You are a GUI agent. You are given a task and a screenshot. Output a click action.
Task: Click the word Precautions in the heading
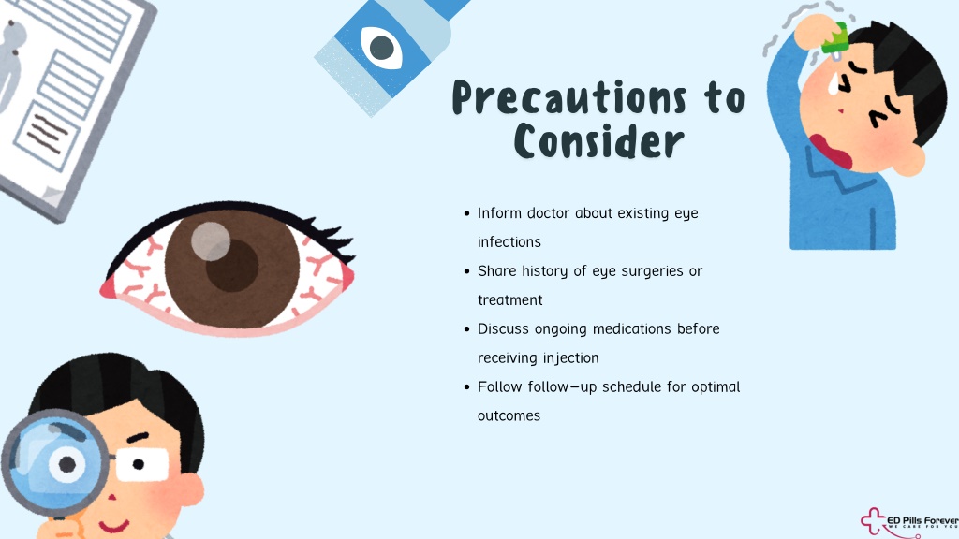point(569,97)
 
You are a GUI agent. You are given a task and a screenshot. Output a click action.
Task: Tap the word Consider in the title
point(598,141)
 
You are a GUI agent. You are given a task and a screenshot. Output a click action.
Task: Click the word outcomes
point(509,416)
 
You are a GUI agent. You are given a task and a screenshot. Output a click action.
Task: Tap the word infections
point(509,242)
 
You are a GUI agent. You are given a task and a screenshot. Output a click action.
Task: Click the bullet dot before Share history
point(466,271)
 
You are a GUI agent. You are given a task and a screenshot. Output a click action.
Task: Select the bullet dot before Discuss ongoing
point(466,329)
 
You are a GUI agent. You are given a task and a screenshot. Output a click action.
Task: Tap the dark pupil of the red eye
point(232,265)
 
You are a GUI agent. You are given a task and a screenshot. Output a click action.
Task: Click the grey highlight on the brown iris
point(211,241)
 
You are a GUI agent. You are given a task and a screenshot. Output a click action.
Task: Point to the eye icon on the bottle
point(382,47)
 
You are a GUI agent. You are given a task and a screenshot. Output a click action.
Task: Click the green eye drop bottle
point(835,37)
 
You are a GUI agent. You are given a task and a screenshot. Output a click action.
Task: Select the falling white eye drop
point(834,83)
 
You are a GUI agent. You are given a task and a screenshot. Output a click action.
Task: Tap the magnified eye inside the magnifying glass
point(67,464)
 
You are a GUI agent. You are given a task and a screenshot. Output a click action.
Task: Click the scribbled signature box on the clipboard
point(47,135)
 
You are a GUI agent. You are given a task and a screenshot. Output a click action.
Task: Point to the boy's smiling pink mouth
point(114,525)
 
